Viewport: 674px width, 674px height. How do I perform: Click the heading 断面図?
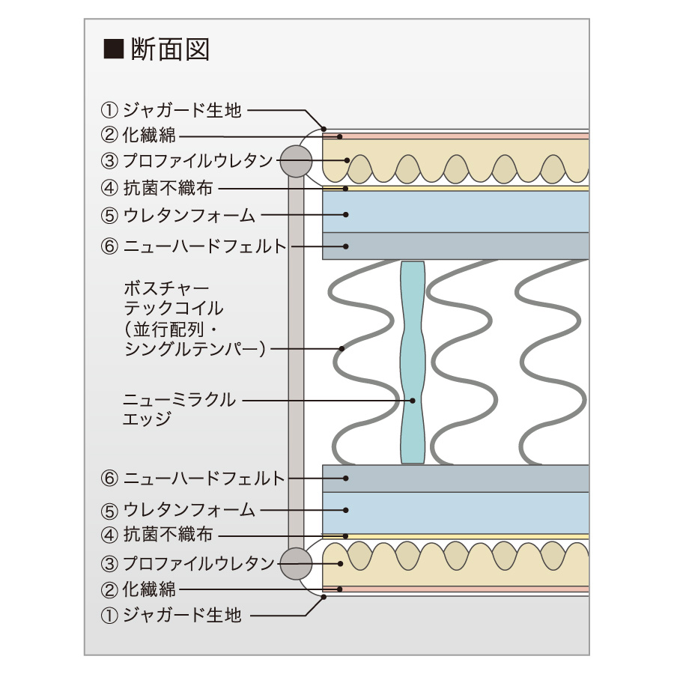click(170, 49)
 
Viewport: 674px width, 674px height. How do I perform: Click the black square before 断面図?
click(113, 50)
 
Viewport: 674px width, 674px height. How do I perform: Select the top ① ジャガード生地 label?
click(171, 110)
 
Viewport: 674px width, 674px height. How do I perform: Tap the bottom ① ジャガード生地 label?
click(171, 616)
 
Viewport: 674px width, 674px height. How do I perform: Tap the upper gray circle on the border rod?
click(294, 160)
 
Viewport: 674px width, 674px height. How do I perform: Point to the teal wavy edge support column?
click(413, 363)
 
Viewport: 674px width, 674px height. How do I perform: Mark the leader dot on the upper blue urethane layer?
click(346, 215)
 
